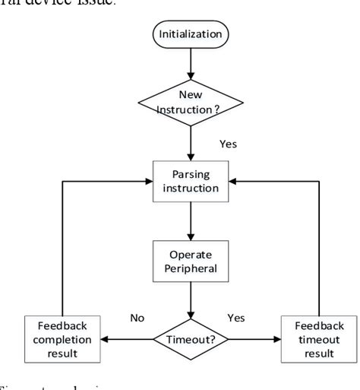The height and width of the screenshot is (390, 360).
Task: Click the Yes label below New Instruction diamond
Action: coord(226,141)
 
